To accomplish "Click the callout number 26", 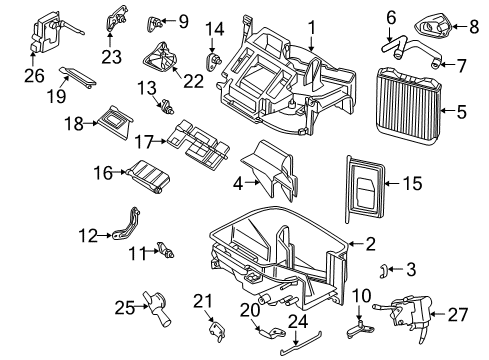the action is (34, 76).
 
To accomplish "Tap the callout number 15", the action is (413, 183).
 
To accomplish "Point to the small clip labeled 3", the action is (383, 271).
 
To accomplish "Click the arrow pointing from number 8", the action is (460, 26).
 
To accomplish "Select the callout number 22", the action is (194, 81).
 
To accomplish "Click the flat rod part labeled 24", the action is (301, 343).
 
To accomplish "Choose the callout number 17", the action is (143, 142).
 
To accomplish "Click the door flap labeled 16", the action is (148, 177).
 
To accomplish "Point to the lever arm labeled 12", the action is (127, 224).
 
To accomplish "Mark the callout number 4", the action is (238, 183).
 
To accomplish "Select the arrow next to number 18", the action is (90, 123).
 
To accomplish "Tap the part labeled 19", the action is (78, 77).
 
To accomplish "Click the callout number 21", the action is (203, 301).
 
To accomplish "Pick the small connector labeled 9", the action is (154, 24).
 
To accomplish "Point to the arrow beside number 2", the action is (357, 244).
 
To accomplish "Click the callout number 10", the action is (361, 295).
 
